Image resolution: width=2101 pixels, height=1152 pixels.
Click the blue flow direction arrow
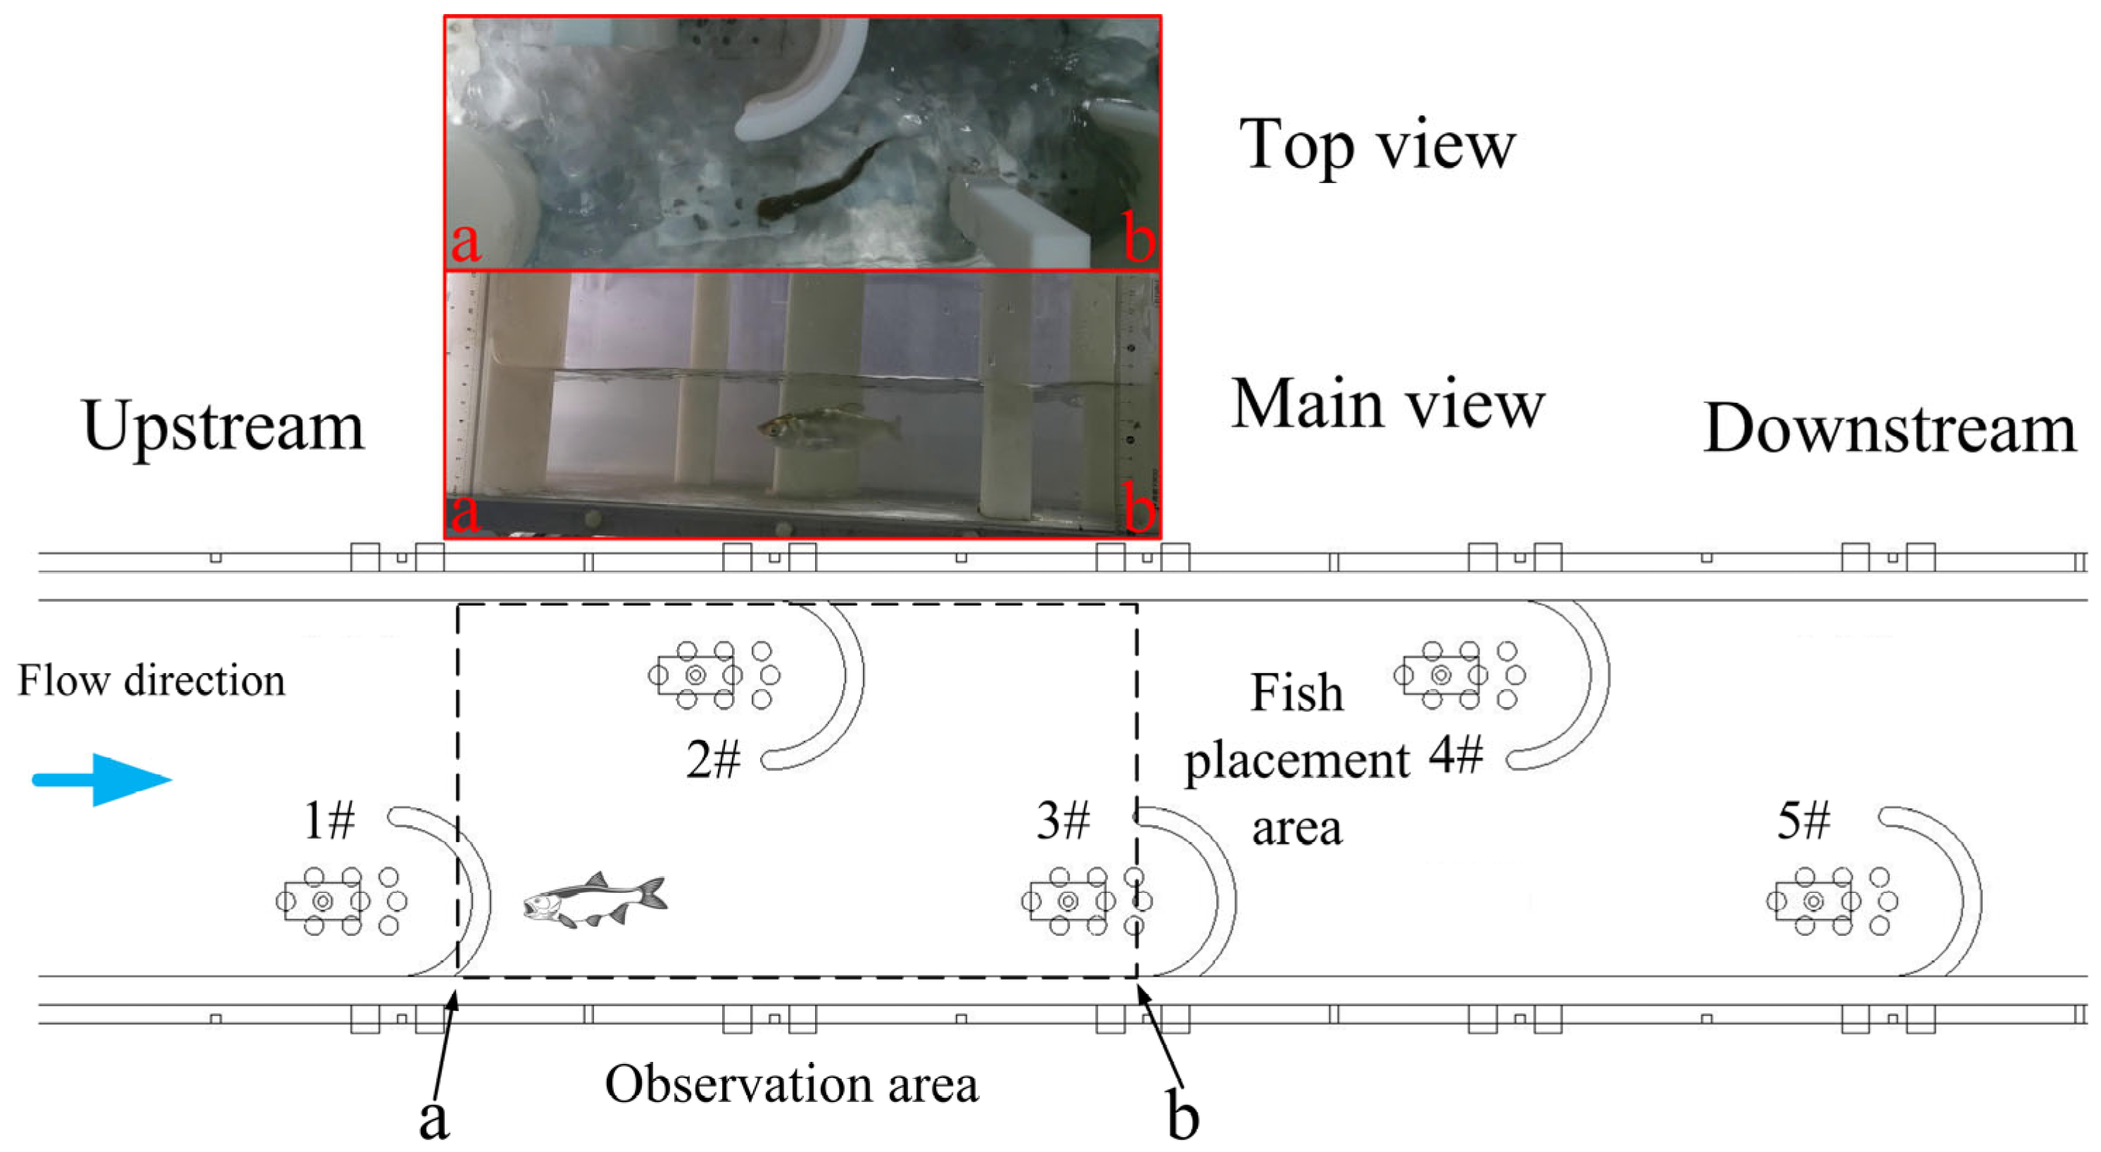point(102,780)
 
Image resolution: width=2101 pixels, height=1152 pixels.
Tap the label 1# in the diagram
point(329,821)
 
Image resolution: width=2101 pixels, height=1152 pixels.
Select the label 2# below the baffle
point(713,760)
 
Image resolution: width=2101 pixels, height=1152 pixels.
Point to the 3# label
point(1063,821)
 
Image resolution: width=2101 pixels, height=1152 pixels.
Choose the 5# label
point(1803,821)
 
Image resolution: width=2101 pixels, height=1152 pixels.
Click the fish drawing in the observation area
point(595,900)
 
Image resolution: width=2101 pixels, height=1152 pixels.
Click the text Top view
point(1377,145)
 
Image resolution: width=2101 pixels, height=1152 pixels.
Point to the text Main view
point(1387,405)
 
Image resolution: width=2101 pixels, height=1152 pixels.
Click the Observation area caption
point(791,1085)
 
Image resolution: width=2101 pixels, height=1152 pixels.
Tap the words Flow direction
point(152,681)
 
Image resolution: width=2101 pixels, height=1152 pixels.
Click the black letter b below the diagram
point(1182,1117)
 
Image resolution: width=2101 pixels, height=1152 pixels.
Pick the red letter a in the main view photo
point(465,513)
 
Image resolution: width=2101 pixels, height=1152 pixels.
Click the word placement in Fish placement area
point(1296,762)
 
